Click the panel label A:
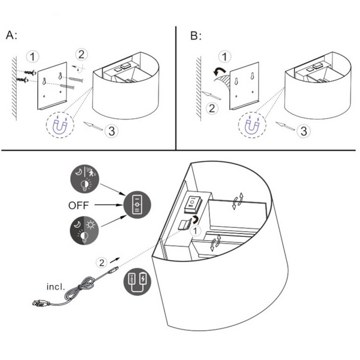(x=11, y=35)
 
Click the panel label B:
(x=196, y=35)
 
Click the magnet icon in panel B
(x=248, y=127)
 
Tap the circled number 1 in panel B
(x=224, y=57)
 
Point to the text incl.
(x=56, y=286)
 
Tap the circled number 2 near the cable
(x=102, y=262)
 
